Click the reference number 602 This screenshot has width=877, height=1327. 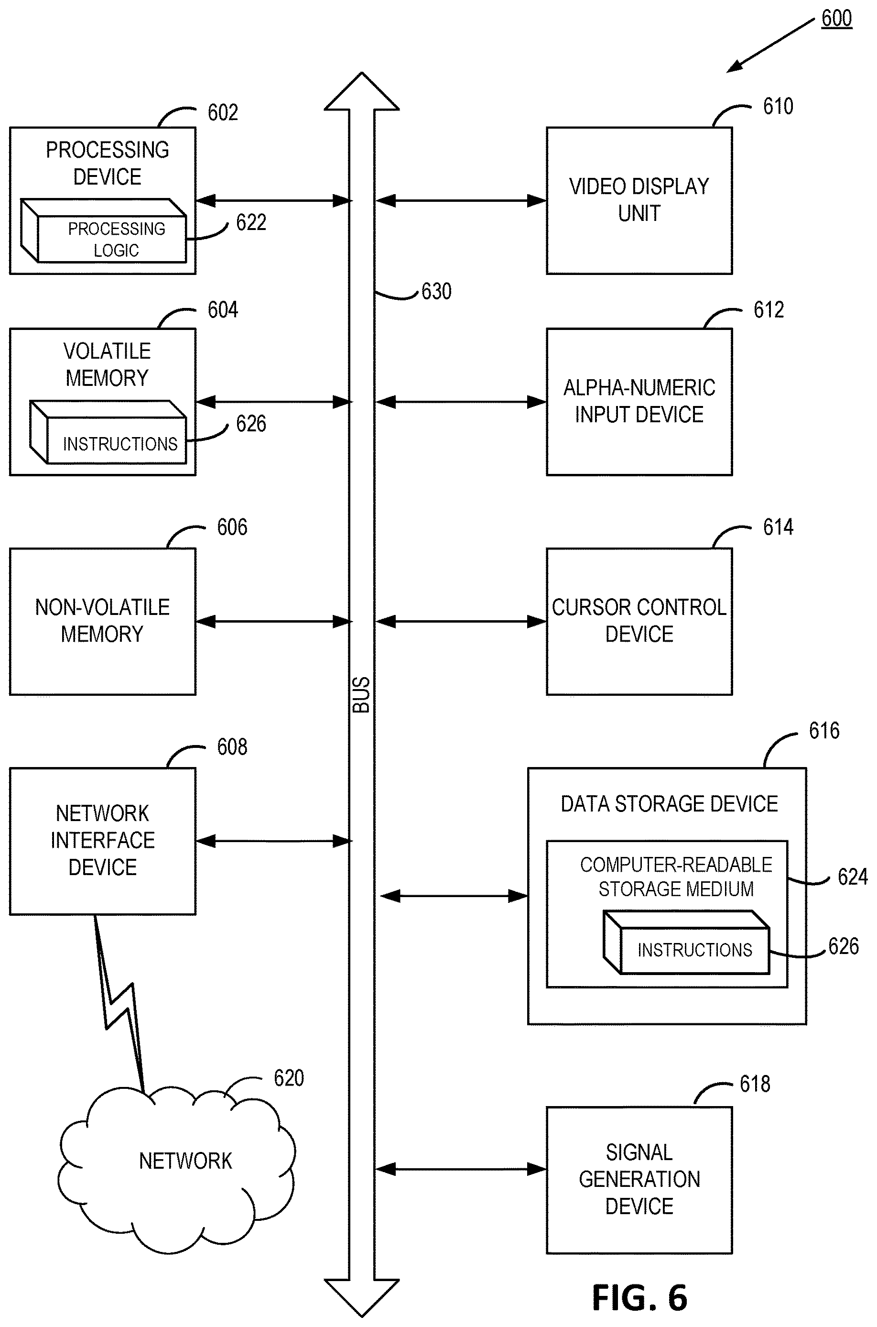click(x=223, y=112)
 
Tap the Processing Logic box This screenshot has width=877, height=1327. click(x=104, y=230)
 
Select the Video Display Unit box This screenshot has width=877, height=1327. click(x=639, y=200)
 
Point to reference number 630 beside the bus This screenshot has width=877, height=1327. click(x=436, y=291)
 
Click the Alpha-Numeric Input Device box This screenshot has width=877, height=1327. click(x=639, y=401)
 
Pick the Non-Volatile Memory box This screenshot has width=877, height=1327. click(x=102, y=621)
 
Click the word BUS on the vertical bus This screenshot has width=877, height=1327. click(x=361, y=694)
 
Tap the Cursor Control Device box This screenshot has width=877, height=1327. click(x=639, y=621)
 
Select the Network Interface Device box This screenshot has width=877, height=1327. click(x=102, y=841)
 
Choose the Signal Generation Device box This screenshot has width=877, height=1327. click(x=639, y=1180)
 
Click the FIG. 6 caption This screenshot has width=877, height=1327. click(x=639, y=1297)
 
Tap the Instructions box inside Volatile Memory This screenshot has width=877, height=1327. click(x=108, y=432)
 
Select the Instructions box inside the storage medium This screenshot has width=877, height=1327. click(x=686, y=943)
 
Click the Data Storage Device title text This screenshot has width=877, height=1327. click(x=670, y=804)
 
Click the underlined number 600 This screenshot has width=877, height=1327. click(x=837, y=19)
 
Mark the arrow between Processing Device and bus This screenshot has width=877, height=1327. click(x=273, y=200)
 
